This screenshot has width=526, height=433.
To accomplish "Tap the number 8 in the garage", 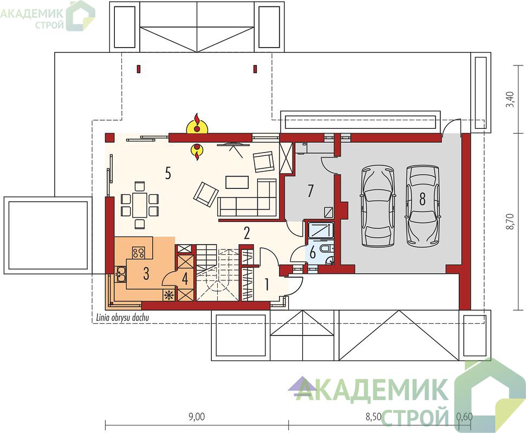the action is tap(422, 199).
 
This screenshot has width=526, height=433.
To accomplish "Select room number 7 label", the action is tap(310, 191).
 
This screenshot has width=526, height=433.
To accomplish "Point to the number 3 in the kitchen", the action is tap(146, 274).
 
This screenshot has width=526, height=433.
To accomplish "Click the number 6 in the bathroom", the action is tap(313, 253).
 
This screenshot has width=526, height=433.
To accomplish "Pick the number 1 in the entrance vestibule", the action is tap(267, 285).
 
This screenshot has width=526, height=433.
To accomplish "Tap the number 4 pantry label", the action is tap(185, 279).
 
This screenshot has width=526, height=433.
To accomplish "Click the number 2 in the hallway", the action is tap(247, 233).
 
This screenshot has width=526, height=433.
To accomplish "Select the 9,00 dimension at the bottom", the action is tap(197, 417).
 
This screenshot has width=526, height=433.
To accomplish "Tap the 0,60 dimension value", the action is tap(465, 417).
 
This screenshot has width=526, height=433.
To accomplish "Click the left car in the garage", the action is tap(376, 206).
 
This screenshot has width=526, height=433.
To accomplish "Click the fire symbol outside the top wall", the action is tap(197, 123).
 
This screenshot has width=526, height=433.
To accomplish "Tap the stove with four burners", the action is tap(138, 252).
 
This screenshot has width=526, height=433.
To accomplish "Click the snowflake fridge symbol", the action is tap(169, 295).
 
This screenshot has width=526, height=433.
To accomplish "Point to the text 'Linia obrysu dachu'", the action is tap(122, 317).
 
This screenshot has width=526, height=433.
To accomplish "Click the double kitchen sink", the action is tap(120, 274).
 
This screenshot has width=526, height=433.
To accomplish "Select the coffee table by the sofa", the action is tap(237, 182).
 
